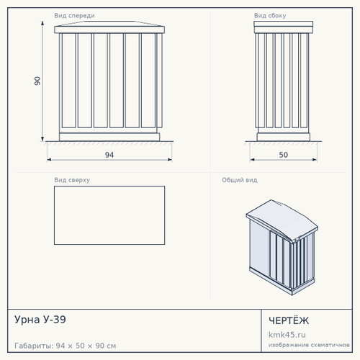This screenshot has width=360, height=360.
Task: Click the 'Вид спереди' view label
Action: (x=74, y=16)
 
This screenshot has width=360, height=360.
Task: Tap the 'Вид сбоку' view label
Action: (x=270, y=16)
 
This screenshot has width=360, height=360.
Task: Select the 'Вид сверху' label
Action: (x=72, y=180)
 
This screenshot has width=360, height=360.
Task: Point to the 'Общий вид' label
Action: (x=240, y=180)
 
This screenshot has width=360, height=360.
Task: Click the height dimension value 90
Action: (x=37, y=81)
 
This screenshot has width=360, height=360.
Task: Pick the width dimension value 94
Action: (x=109, y=155)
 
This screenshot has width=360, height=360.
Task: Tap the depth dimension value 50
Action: (x=284, y=155)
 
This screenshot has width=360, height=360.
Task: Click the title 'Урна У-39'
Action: (x=40, y=320)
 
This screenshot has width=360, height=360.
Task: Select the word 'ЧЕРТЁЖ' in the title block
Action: (x=289, y=320)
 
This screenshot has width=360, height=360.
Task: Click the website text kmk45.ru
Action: (x=287, y=335)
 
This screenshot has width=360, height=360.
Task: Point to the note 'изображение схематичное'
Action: (x=309, y=345)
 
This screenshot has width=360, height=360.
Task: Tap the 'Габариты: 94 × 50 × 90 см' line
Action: (x=66, y=346)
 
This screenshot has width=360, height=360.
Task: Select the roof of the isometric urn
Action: (x=282, y=219)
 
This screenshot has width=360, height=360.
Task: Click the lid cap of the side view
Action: (x=284, y=24)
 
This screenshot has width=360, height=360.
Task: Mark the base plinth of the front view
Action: (x=109, y=137)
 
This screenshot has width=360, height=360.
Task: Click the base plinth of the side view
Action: (x=284, y=137)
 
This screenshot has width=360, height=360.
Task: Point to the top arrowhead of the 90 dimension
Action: (x=42, y=23)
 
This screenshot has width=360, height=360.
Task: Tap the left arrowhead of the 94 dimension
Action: (x=49, y=160)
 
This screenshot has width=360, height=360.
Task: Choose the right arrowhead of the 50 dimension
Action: (x=315, y=160)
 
